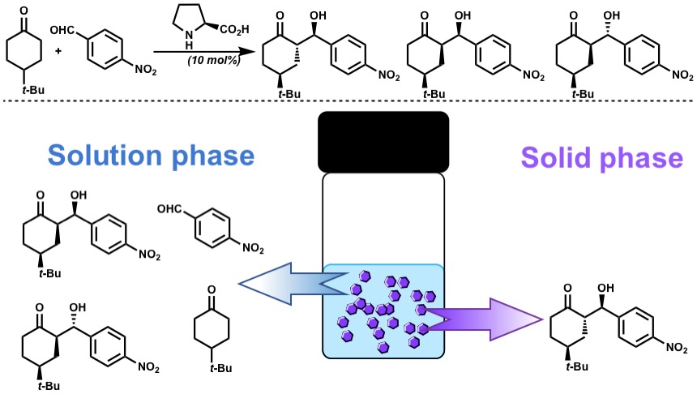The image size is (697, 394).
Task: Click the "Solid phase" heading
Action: tap(601, 156)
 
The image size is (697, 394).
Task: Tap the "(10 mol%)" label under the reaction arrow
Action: tap(207, 61)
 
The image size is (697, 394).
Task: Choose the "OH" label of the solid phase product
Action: tap(603, 288)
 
